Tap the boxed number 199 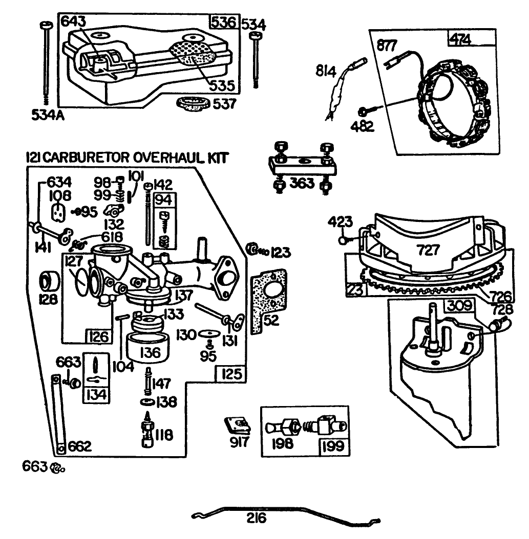click(333, 446)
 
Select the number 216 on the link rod click(256, 519)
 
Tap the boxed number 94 click(164, 198)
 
